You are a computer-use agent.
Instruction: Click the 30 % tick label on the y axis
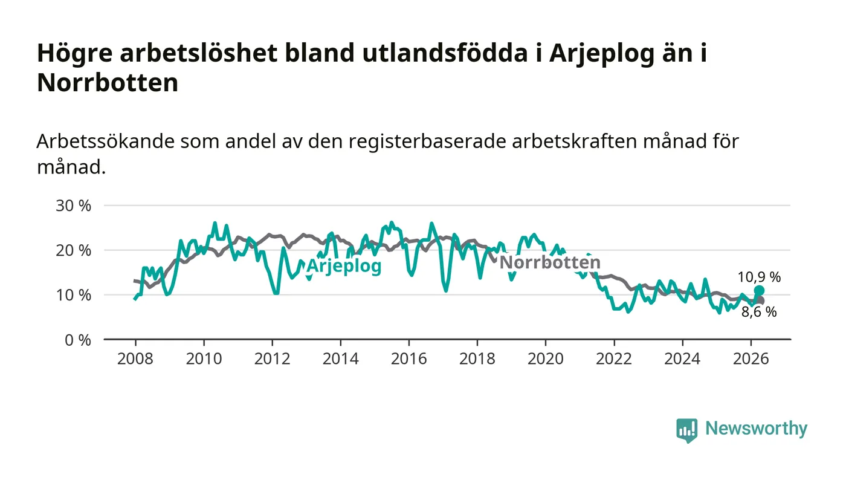coord(73,206)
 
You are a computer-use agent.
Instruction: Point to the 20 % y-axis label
coord(73,250)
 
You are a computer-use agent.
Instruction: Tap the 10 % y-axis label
coord(73,295)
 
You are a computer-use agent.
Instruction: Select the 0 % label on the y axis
coord(78,340)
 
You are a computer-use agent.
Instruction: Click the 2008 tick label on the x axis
coord(135,358)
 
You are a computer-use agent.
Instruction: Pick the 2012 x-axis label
coord(272,358)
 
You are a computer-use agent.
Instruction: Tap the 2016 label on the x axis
coord(408,358)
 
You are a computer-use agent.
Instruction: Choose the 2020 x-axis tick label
coord(545,358)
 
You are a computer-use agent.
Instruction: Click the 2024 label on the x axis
coord(682,358)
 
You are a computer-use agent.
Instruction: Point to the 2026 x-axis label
coord(751,358)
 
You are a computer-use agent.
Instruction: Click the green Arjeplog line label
coord(344,266)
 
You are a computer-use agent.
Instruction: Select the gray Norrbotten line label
coord(550,262)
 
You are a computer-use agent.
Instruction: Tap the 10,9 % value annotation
coord(759,277)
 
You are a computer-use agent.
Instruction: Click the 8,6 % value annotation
coord(759,312)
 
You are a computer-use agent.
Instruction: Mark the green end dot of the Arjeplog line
coord(759,291)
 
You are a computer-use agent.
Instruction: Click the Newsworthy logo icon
coord(686,430)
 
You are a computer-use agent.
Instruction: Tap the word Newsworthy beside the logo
coord(756,429)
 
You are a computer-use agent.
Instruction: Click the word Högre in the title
coord(75,53)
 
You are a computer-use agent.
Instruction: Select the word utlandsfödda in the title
coord(445,53)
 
